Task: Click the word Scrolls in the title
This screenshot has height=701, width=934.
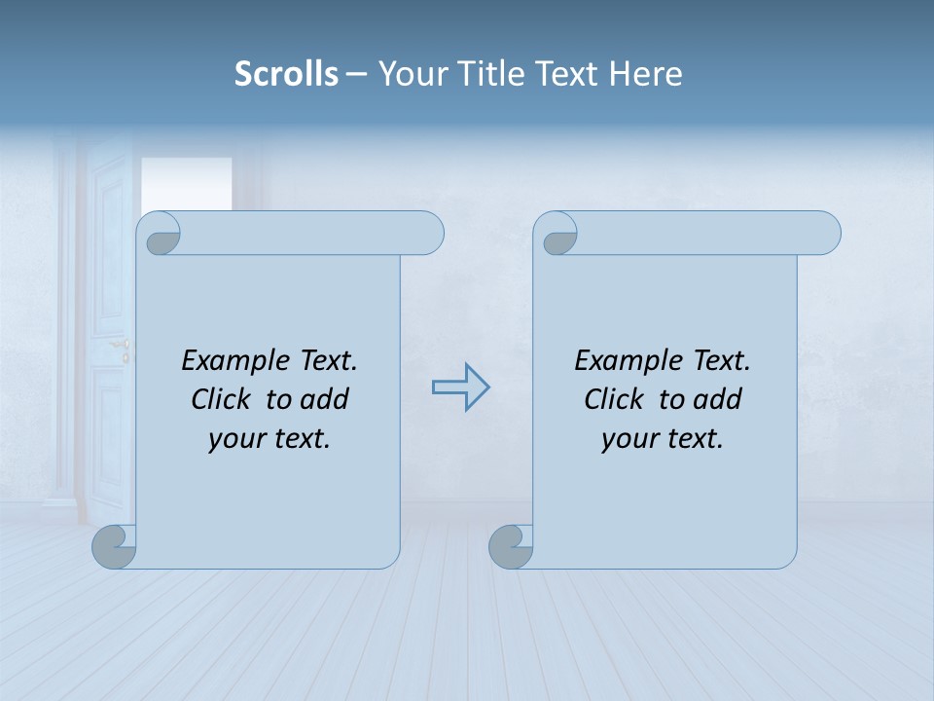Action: click(x=286, y=74)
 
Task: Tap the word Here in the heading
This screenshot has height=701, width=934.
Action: click(x=645, y=74)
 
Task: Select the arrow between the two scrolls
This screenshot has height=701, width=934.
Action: click(x=460, y=387)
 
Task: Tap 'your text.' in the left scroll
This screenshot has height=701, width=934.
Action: click(x=269, y=439)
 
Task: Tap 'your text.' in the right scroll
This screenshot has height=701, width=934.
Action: click(x=663, y=439)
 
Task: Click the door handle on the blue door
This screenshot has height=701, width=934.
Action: click(x=122, y=346)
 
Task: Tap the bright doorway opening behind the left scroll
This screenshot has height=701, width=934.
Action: click(x=186, y=183)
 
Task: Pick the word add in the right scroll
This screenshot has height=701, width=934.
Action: click(x=718, y=399)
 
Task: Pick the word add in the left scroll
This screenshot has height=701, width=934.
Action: click(x=325, y=399)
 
